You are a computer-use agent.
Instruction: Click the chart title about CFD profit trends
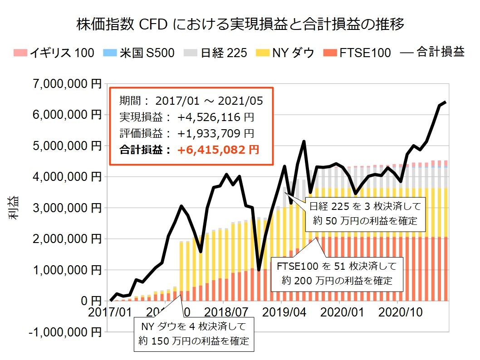[240, 24]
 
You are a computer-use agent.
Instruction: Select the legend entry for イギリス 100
[54, 53]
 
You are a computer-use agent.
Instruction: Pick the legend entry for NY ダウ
[287, 53]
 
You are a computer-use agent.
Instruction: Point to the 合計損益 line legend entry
[433, 53]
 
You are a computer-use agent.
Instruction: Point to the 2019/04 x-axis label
[282, 313]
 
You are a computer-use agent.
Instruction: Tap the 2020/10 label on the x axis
[398, 313]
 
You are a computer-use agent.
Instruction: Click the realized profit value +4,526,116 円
[216, 117]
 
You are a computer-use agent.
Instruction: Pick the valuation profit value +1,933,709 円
[216, 134]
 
